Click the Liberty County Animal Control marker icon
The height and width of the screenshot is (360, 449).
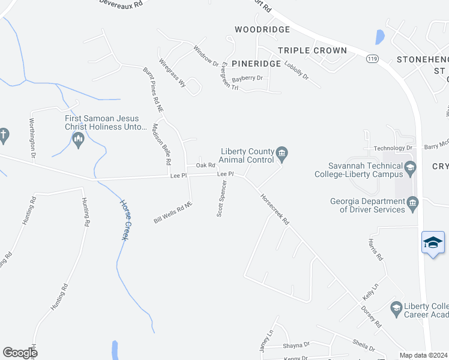pyautogui.click(x=282, y=156)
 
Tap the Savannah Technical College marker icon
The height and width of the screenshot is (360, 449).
pyautogui.click(x=411, y=167)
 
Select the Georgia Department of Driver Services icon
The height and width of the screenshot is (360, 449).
pyautogui.click(x=413, y=205)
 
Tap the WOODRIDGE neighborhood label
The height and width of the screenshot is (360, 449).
pyautogui.click(x=262, y=29)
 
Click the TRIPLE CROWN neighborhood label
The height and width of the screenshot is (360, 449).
pyautogui.click(x=313, y=50)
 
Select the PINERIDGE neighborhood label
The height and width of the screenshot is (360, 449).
pyautogui.click(x=256, y=63)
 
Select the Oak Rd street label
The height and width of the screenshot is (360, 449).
pyautogui.click(x=205, y=166)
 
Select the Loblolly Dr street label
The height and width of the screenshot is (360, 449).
pyautogui.click(x=297, y=71)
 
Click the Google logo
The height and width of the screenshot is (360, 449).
pyautogui.click(x=20, y=352)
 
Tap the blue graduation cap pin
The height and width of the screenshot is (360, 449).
pyautogui.click(x=433, y=243)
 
